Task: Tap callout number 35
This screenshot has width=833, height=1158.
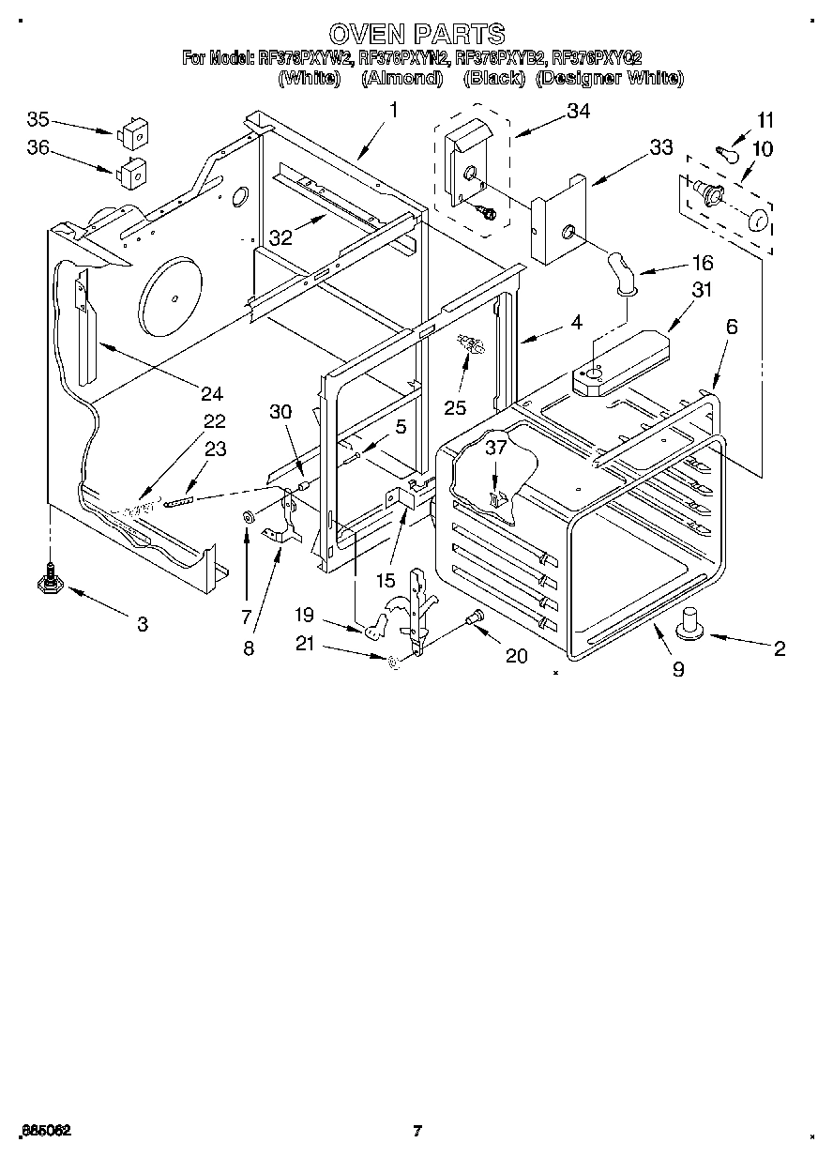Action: [x=38, y=119]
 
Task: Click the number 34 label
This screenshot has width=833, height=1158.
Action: [x=578, y=112]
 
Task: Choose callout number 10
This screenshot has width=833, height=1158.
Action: [x=762, y=149]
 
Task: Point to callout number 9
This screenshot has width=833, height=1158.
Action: [x=677, y=669]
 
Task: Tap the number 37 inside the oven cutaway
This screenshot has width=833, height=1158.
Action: [x=495, y=449]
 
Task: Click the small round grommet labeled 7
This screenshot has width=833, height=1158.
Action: [x=249, y=518]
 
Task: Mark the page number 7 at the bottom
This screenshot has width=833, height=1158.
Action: [x=416, y=1132]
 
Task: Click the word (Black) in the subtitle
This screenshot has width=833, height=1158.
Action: [x=494, y=79]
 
